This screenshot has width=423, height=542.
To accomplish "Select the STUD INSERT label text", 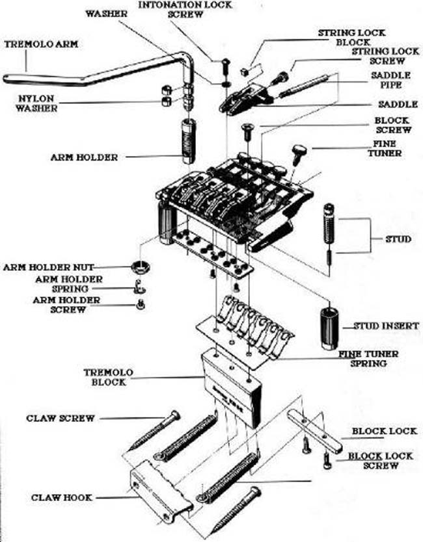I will (385, 325).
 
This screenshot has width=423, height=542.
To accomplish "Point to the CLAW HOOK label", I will (61, 497).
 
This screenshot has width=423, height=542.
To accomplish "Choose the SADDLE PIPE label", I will (390, 80).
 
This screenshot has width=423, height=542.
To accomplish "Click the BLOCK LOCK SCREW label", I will (380, 461).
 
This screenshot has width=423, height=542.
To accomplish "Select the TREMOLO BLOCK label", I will (108, 377).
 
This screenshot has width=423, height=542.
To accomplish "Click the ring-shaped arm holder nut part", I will (141, 266).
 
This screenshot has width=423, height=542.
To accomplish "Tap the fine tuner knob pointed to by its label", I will (299, 153).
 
